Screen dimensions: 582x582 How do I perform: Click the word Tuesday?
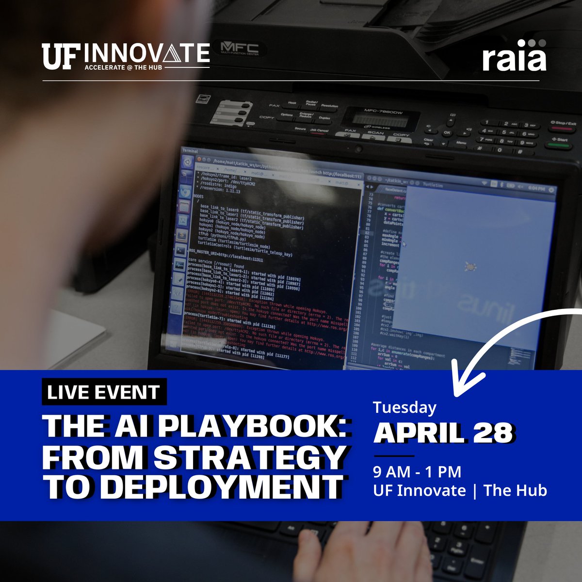(x=404, y=408)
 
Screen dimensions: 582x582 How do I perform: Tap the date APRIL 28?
(x=443, y=433)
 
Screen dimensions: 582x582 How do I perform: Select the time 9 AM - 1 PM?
(x=417, y=471)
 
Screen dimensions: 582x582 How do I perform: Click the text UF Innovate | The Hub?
(x=460, y=490)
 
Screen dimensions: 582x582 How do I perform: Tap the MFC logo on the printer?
(x=239, y=49)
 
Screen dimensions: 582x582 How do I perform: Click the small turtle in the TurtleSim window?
(x=469, y=266)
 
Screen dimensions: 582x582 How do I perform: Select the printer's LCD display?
(x=374, y=119)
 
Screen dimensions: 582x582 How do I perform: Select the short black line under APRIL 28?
(x=393, y=456)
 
